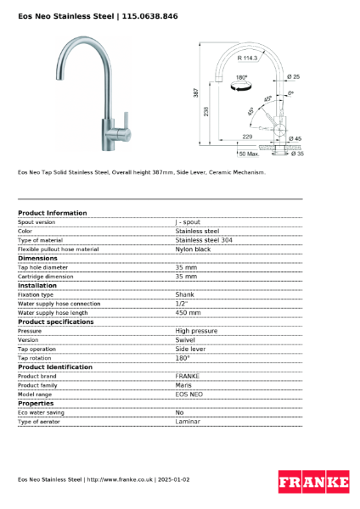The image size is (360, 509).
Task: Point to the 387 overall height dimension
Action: tap(196, 92)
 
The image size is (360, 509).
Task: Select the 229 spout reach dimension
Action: tap(247, 136)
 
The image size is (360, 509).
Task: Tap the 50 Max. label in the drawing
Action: tap(249, 154)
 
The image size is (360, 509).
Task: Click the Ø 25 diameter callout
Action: tap(294, 77)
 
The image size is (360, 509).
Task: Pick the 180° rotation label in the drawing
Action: tap(241, 77)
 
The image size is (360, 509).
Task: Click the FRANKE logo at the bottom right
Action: tap(313, 483)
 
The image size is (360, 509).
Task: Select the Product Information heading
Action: tap(52, 213)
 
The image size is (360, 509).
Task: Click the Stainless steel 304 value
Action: tap(204, 240)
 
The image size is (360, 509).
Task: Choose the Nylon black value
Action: tap(193, 249)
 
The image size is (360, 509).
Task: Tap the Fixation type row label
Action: tap(36, 294)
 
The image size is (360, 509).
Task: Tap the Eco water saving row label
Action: tap(40, 412)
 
